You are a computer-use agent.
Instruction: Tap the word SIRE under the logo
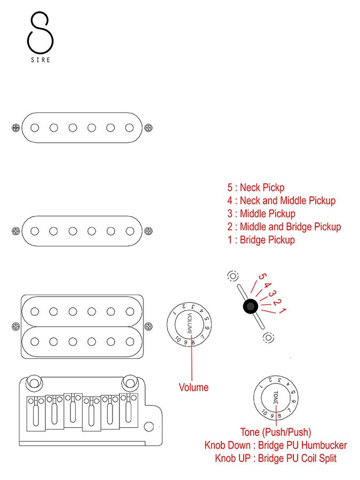[40, 60]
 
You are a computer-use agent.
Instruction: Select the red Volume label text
[194, 388]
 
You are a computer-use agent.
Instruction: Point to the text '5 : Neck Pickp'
[255, 188]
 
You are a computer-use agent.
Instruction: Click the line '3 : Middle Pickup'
[261, 214]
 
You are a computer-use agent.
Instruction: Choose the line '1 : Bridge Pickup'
[261, 240]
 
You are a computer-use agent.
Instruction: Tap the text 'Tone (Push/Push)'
[276, 432]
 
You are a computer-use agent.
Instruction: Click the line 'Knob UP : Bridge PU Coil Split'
[276, 458]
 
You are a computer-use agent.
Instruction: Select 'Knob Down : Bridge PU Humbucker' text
[276, 445]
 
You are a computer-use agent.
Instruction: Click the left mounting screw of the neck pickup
[15, 128]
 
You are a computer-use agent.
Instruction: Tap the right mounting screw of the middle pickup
[148, 231]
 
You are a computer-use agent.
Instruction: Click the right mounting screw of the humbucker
[148, 326]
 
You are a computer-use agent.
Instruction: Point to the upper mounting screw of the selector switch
[233, 276]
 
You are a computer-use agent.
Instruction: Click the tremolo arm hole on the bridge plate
[149, 427]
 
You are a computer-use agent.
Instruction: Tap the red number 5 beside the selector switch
[261, 277]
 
